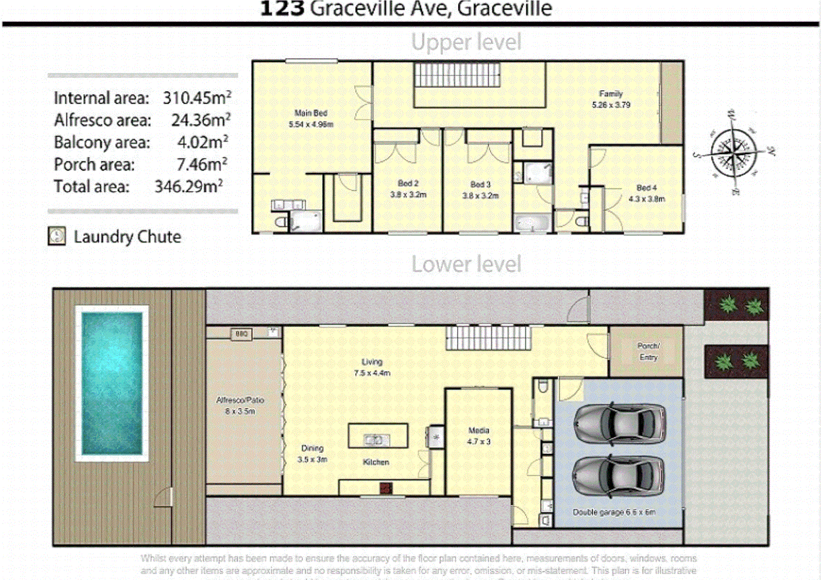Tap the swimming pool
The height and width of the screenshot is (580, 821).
click(x=112, y=383)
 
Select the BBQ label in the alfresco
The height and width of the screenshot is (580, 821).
click(x=241, y=334)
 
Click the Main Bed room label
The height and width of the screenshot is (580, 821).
click(x=311, y=113)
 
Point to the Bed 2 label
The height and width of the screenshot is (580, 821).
click(x=408, y=184)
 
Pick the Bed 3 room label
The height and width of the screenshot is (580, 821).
click(x=480, y=184)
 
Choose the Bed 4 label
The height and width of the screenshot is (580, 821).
click(x=646, y=188)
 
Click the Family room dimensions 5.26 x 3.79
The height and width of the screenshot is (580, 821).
click(x=611, y=105)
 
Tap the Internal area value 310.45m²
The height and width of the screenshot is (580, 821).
click(x=197, y=98)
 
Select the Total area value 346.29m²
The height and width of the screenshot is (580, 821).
click(x=189, y=186)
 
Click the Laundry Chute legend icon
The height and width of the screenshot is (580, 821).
click(x=57, y=236)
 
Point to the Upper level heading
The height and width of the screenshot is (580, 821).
click(x=466, y=42)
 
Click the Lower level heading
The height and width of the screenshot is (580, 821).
click(x=466, y=264)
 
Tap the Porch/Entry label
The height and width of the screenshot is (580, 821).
click(x=648, y=351)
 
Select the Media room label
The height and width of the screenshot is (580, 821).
click(x=478, y=430)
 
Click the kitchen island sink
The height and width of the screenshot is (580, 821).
click(x=374, y=440)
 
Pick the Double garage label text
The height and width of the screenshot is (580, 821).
click(x=614, y=512)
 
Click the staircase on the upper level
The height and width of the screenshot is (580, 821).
click(x=457, y=75)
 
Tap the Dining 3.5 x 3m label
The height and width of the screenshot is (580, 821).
click(x=312, y=454)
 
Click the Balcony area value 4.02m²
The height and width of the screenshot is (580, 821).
click(x=203, y=142)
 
